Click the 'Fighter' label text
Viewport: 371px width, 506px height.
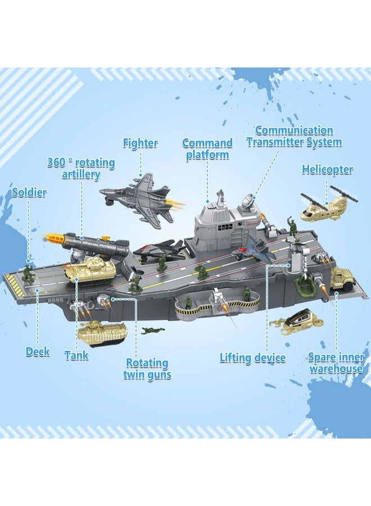(141, 143)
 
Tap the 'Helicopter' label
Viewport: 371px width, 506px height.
(328, 169)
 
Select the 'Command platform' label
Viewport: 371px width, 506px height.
(207, 148)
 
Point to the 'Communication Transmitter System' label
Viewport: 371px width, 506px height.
(294, 136)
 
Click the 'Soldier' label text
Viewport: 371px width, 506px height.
(29, 192)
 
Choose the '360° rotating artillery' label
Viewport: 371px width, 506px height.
(81, 168)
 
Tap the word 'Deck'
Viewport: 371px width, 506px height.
(38, 352)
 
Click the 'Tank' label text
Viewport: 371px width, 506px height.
(76, 355)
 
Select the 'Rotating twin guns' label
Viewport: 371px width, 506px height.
(147, 368)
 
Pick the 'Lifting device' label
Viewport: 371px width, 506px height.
(252, 358)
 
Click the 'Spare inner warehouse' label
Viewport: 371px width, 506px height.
(336, 363)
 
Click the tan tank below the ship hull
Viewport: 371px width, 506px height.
(103, 332)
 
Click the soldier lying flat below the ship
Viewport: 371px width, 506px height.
(153, 330)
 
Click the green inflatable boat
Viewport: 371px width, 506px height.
(305, 287)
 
